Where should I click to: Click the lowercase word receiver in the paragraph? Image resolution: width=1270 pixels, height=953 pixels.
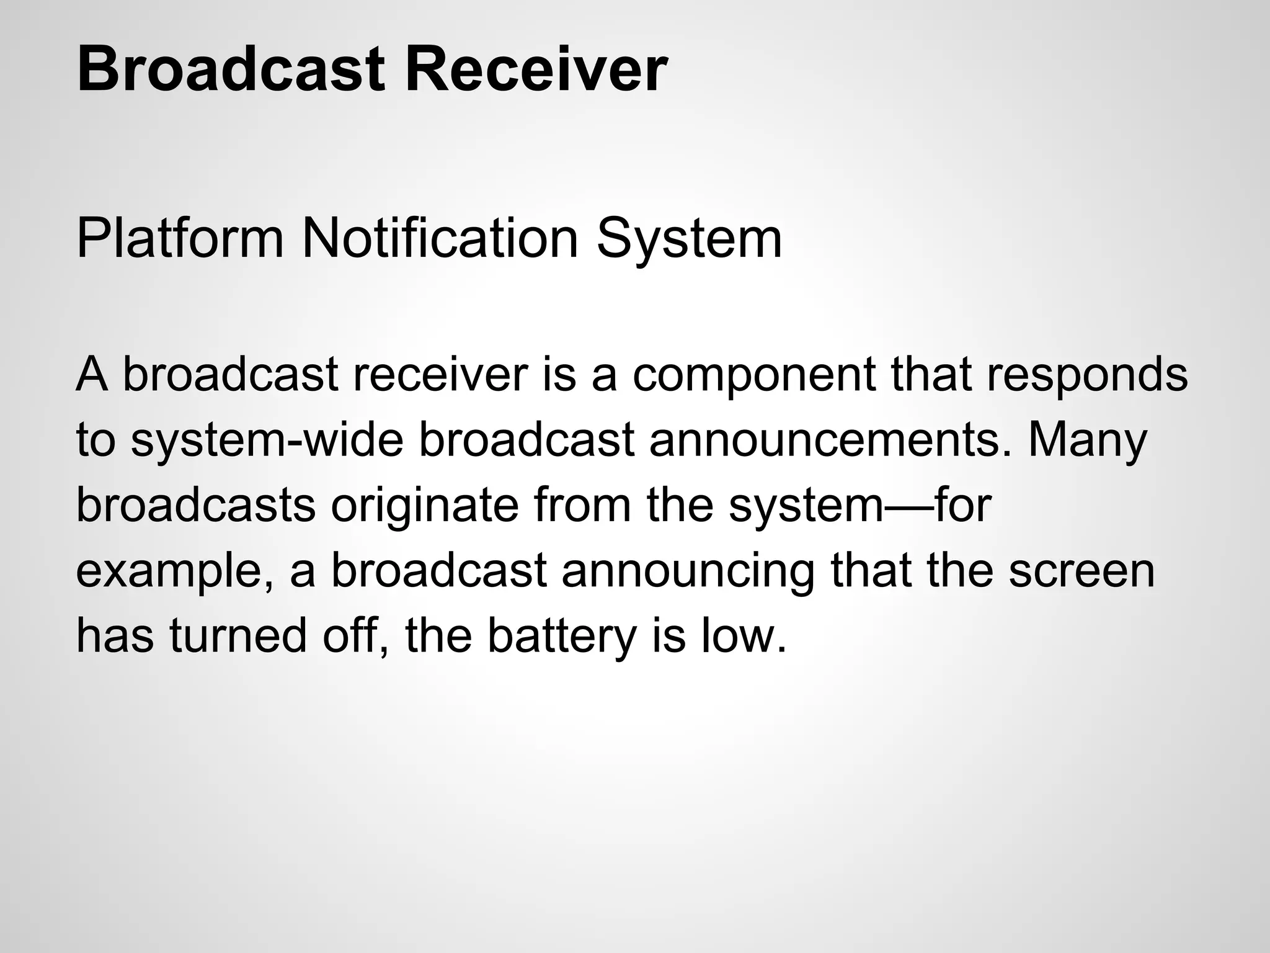441,375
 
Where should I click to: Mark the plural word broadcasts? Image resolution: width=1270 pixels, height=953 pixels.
196,505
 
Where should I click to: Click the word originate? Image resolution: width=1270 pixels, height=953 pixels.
425,506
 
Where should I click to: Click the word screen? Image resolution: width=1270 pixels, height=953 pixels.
1081,571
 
